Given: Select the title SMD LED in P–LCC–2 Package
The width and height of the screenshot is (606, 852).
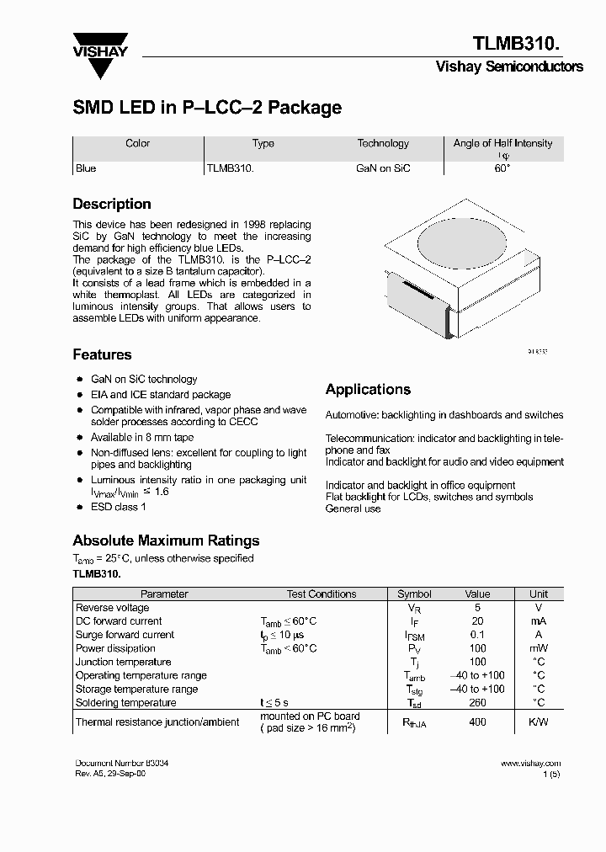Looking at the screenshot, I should pos(207,108).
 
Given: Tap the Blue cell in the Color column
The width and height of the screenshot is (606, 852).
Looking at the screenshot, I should pos(86,168).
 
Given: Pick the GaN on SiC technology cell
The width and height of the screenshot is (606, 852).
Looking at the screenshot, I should pos(383,168).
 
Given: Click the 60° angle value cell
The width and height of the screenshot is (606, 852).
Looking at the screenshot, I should pos(502,168).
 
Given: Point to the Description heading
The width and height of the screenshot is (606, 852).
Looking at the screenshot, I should pos(112,205).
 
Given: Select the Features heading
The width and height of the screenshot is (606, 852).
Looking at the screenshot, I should pos(102,355).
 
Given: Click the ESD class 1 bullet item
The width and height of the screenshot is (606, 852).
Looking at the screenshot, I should pos(119,507).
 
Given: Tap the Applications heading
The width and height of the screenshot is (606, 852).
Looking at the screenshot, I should pos(368,390).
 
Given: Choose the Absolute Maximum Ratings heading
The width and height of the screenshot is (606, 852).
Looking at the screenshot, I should pos(166,541).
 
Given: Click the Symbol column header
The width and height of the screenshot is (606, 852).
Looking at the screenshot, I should pos(414,594).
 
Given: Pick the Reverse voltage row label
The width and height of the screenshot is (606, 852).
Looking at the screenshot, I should pos(113,608).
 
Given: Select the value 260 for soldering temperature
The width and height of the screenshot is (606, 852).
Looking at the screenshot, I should pos(477,703).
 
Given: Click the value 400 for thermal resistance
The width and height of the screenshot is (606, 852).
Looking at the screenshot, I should pos(477,722).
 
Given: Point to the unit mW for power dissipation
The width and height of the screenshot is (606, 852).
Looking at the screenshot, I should pos(538,648).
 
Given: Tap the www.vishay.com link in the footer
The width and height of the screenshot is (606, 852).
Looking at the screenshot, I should pos(530,764).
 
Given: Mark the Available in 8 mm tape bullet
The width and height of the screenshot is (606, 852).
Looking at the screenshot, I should pos(142,438).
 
